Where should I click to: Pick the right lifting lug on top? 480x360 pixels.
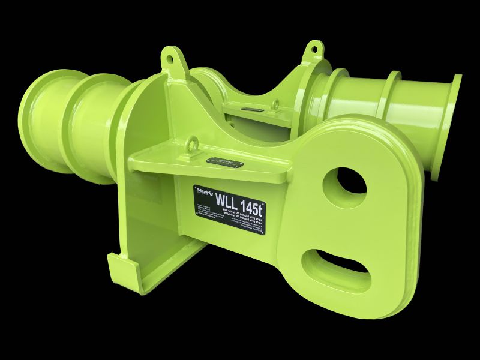click(x=313, y=50)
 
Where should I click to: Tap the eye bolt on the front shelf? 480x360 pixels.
click(x=194, y=144)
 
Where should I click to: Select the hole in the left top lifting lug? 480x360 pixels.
click(x=170, y=59)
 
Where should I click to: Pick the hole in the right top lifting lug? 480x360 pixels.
click(x=313, y=49)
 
